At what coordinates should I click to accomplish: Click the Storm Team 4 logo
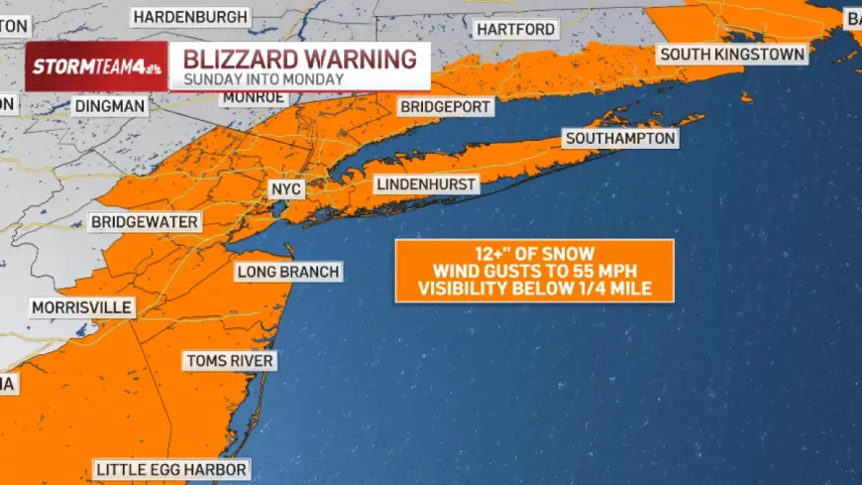95,67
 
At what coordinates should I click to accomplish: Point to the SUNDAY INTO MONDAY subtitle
264,79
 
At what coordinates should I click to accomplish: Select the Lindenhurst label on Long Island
426,184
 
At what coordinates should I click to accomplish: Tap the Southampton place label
620,139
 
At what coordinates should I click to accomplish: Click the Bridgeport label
445,106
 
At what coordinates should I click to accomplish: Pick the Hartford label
516,30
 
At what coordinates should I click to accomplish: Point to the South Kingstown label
732,55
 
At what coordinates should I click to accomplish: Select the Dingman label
109,105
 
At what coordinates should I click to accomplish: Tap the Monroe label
255,97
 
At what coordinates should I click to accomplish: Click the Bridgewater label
145,222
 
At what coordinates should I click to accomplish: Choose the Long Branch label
287,272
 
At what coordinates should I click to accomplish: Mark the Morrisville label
81,307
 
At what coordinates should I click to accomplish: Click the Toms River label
229,361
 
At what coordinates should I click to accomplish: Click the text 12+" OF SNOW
534,253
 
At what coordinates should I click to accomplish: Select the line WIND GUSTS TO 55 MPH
534,271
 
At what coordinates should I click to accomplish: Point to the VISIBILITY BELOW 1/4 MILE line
534,289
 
